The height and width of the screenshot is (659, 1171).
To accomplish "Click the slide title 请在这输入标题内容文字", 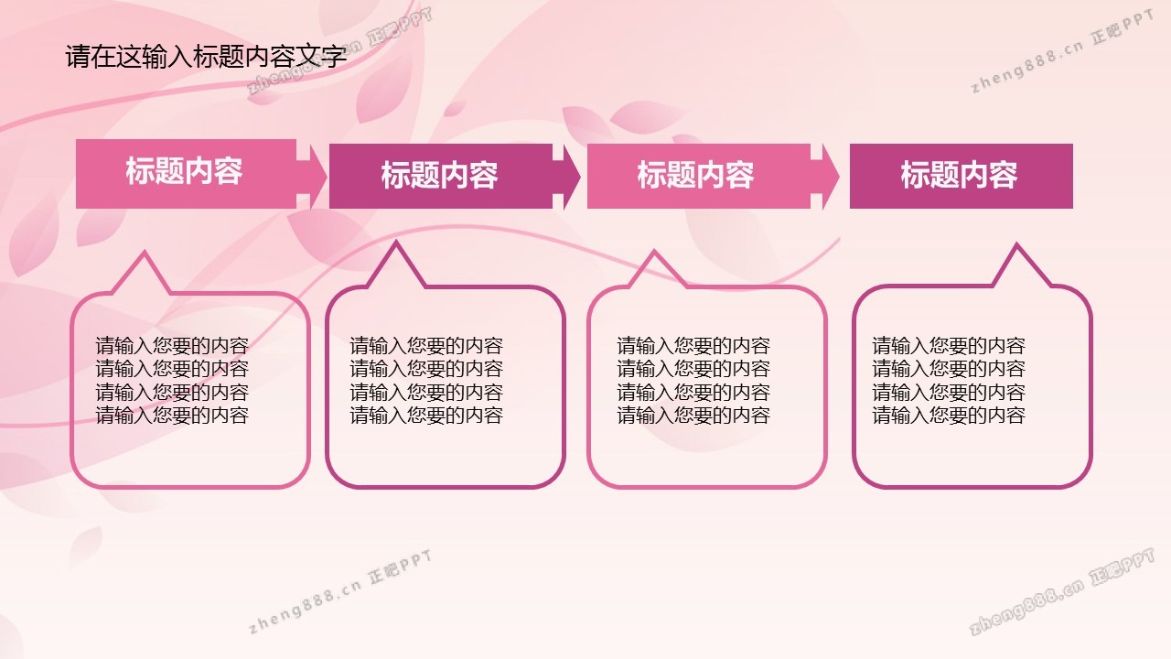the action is (x=206, y=56).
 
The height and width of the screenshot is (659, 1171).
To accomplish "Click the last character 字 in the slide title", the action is (x=334, y=56).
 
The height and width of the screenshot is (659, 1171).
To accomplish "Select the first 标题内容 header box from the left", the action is (x=186, y=174).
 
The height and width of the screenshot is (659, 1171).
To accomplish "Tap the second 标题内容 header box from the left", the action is (x=441, y=177).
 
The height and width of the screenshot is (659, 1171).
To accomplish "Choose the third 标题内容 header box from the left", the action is (x=699, y=177).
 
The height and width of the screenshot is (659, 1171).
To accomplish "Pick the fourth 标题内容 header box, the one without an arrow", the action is (x=962, y=177).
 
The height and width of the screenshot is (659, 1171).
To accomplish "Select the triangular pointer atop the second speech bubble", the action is (x=396, y=265).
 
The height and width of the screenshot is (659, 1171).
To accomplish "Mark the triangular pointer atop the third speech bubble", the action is (x=655, y=269).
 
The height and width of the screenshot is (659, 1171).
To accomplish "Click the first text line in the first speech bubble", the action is (x=172, y=346).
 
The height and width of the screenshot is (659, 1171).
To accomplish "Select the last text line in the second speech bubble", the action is (x=426, y=416).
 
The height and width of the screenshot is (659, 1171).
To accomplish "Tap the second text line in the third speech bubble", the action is (x=693, y=369).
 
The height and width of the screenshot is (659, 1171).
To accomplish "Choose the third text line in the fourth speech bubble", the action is (x=949, y=393).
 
